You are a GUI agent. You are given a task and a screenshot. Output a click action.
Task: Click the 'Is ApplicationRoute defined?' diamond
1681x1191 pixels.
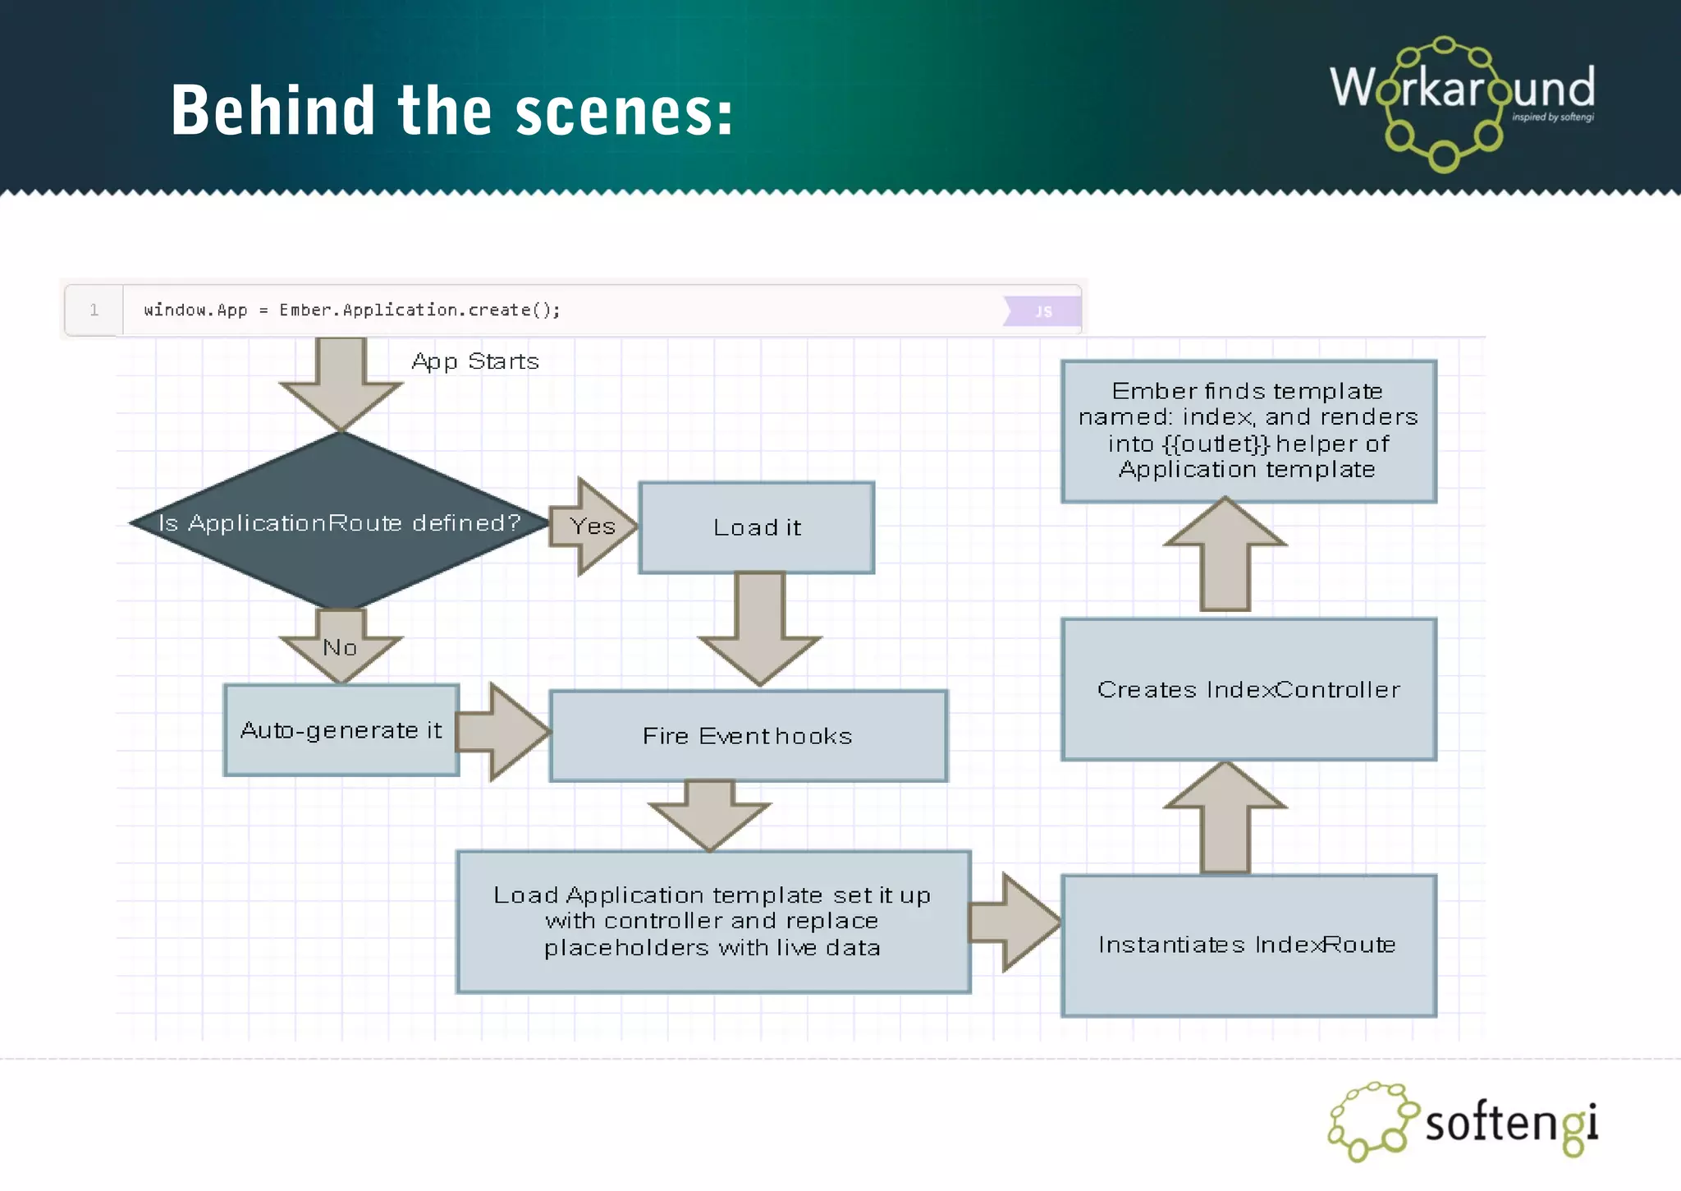[340, 522]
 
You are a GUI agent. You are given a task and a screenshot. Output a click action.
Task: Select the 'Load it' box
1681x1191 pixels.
[756, 527]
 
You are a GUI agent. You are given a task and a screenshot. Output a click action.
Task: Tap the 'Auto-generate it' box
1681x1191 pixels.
[341, 730]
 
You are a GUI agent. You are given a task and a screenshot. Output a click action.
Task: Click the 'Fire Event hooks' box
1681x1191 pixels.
[748, 736]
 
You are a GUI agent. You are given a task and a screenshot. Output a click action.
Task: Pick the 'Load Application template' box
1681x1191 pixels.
[712, 922]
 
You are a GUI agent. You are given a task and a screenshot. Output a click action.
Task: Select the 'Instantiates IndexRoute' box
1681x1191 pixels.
[1248, 945]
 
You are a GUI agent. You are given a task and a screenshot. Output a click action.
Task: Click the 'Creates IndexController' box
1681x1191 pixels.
[1248, 690]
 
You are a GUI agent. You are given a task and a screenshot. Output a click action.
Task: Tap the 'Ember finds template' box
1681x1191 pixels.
[1248, 430]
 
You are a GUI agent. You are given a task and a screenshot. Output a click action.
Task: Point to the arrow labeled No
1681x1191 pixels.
[340, 648]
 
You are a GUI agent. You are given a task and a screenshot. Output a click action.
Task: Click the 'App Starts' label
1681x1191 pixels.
[475, 361]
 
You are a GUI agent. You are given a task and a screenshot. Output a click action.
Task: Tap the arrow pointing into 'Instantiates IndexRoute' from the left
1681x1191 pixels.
[1015, 922]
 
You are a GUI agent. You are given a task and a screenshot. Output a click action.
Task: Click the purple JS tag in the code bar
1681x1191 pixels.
[1042, 311]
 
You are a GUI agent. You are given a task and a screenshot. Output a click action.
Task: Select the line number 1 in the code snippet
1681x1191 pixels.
[94, 310]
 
